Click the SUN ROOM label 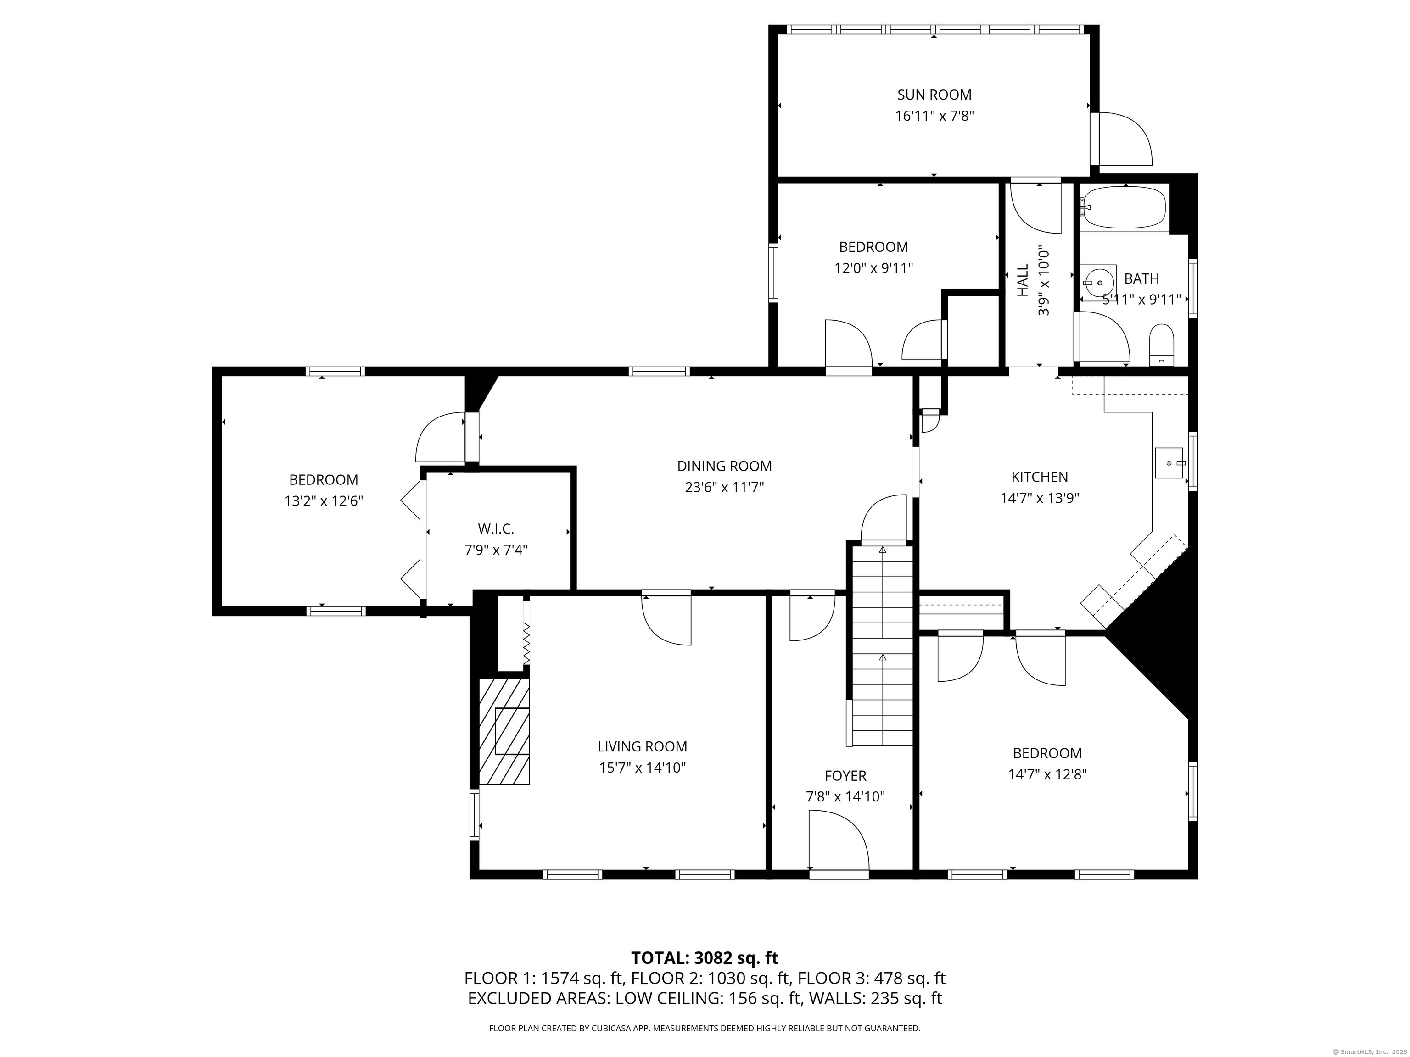(x=934, y=95)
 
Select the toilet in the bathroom (x=1161, y=345)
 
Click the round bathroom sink (x=1099, y=282)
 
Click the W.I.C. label (x=495, y=529)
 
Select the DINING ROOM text (x=724, y=467)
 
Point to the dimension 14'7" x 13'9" (x=1040, y=498)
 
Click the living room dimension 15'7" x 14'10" (x=642, y=768)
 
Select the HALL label (x=1023, y=280)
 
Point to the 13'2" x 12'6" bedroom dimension (x=324, y=501)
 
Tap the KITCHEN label (x=1040, y=477)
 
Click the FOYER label (x=845, y=776)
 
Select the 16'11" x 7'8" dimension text (x=934, y=117)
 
